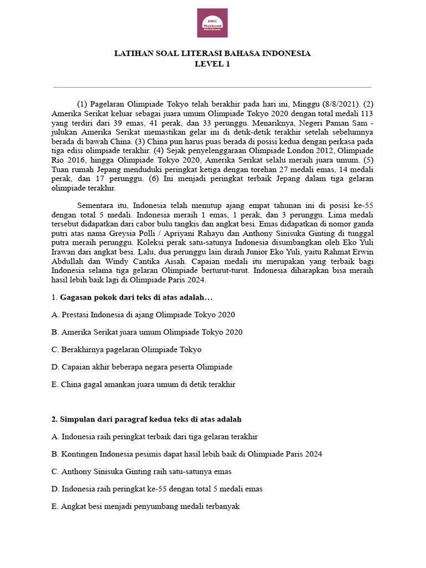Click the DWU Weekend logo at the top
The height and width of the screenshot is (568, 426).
pyautogui.click(x=212, y=23)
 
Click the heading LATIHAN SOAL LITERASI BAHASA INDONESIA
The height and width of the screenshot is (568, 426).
pyautogui.click(x=212, y=54)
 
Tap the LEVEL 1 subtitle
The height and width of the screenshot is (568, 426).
pyautogui.click(x=212, y=64)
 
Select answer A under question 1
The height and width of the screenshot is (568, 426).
pyautogui.click(x=143, y=315)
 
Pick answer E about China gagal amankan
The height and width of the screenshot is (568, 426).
pyautogui.click(x=143, y=384)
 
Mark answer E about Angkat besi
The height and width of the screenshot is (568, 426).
pyautogui.click(x=145, y=506)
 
